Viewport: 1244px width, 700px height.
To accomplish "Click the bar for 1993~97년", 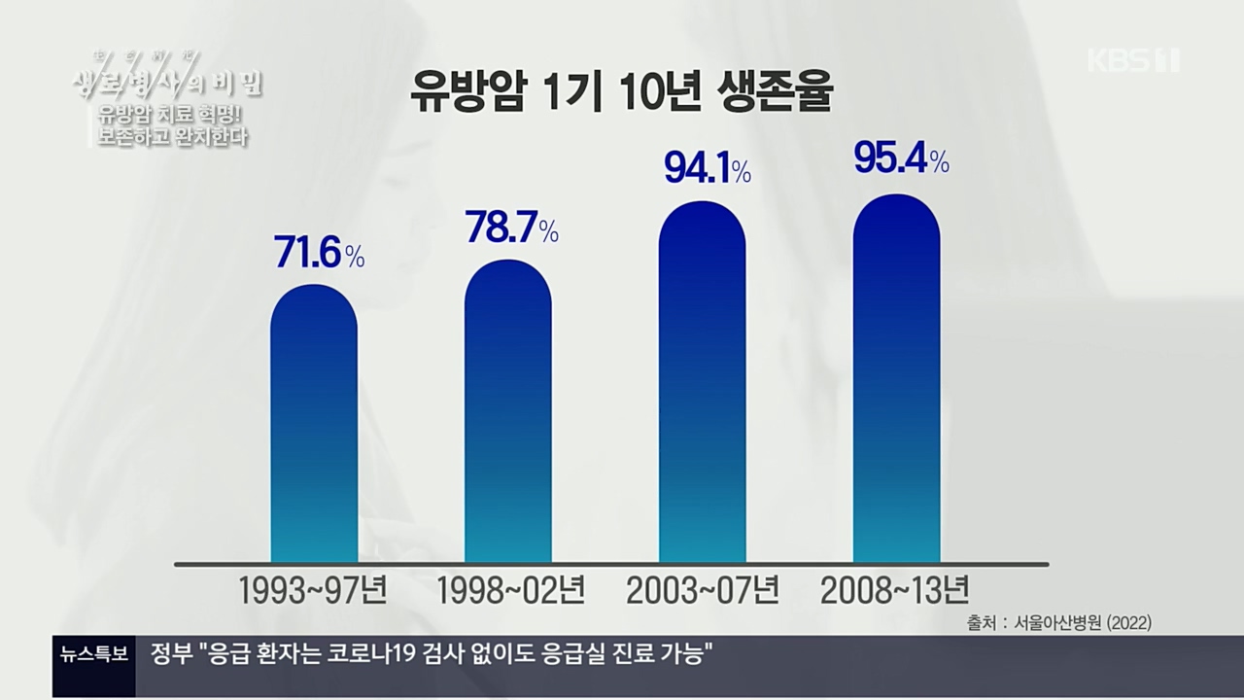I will (314, 425).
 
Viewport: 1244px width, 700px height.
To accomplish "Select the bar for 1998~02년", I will (508, 412).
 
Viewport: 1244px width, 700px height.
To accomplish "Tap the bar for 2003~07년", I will (703, 383).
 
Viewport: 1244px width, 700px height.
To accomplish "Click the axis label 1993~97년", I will (315, 589).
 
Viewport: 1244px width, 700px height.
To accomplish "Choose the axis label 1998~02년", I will (509, 589).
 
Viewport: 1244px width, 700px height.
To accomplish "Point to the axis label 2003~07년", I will (703, 589).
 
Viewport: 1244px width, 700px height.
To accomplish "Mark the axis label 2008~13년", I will (895, 589).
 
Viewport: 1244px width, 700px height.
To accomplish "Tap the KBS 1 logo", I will (1132, 60).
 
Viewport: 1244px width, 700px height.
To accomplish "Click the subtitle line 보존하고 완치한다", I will (173, 137).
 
